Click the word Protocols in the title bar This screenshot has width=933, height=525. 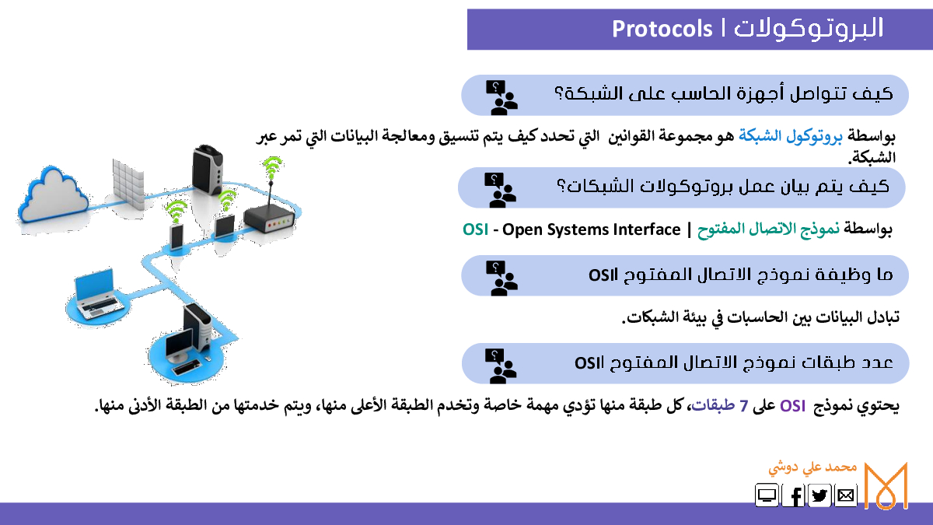[662, 30]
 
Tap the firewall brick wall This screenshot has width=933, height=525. [129, 184]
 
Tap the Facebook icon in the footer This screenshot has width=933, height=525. [793, 495]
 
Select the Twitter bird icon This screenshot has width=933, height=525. [819, 495]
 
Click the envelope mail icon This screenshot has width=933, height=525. [846, 495]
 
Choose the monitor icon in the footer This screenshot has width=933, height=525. [767, 495]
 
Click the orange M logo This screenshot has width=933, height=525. [886, 486]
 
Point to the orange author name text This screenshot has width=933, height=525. [812, 468]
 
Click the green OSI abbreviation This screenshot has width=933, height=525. [475, 229]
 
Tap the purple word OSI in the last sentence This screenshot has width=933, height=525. [792, 406]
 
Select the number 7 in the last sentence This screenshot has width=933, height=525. [744, 406]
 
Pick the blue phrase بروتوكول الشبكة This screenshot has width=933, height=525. [791, 136]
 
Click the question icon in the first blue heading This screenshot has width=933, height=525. [501, 97]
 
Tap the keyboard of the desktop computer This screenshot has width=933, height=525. [187, 367]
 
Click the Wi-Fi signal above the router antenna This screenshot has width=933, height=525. [272, 166]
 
